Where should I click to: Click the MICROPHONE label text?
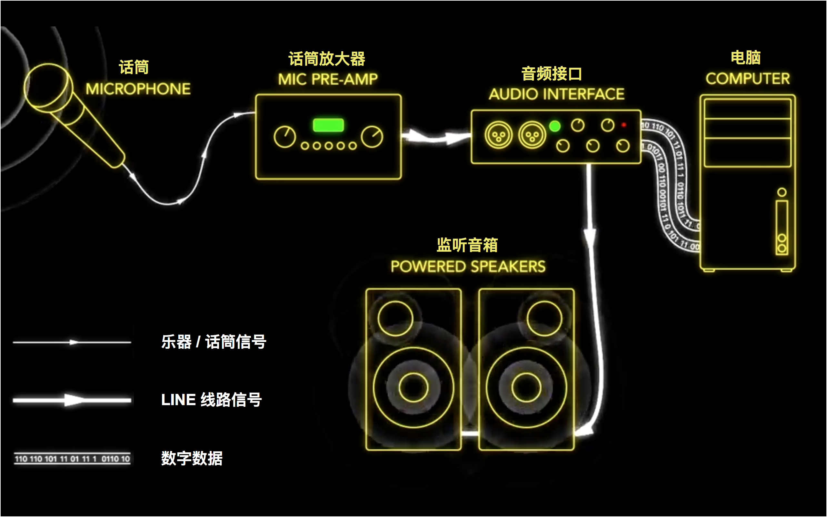click(x=138, y=89)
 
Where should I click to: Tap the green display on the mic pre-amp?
click(x=328, y=125)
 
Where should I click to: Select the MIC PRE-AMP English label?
click(x=328, y=79)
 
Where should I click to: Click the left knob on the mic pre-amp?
click(x=284, y=137)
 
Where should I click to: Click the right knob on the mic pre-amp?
click(x=372, y=137)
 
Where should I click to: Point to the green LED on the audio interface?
click(x=555, y=126)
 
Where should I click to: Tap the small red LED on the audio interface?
click(x=623, y=125)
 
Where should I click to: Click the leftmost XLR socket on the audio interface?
click(x=498, y=135)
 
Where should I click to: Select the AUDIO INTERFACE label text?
click(x=556, y=94)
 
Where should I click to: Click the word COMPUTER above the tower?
click(x=748, y=79)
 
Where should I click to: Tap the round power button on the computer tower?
click(x=782, y=192)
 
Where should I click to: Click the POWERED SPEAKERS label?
click(x=468, y=266)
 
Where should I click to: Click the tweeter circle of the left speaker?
click(x=395, y=318)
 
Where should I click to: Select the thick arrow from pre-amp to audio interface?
click(x=436, y=137)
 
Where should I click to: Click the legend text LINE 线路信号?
click(x=211, y=400)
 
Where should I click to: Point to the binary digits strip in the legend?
click(x=72, y=459)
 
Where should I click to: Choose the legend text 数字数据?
click(x=192, y=458)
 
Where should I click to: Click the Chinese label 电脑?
click(x=746, y=57)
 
